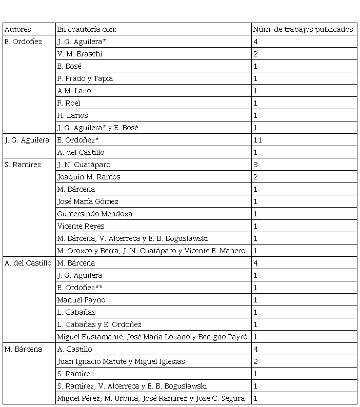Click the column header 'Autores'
pos(17,29)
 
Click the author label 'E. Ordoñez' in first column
pos(23,42)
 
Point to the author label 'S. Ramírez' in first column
pos(23,165)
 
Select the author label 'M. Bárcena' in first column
pos(23,349)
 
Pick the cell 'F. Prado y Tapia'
pos(85,78)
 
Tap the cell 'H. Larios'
pos(73,115)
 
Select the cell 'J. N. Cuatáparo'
pos(84,165)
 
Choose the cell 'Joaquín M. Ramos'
pos(89,177)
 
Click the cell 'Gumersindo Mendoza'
pos(95,214)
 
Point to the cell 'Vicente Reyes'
pos(81,226)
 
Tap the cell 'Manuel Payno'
pos(81,300)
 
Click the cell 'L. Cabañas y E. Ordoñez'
pos(99,324)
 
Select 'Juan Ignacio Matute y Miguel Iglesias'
pos(121,361)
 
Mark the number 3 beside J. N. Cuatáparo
pos(256,165)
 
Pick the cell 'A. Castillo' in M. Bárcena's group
pos(75,349)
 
